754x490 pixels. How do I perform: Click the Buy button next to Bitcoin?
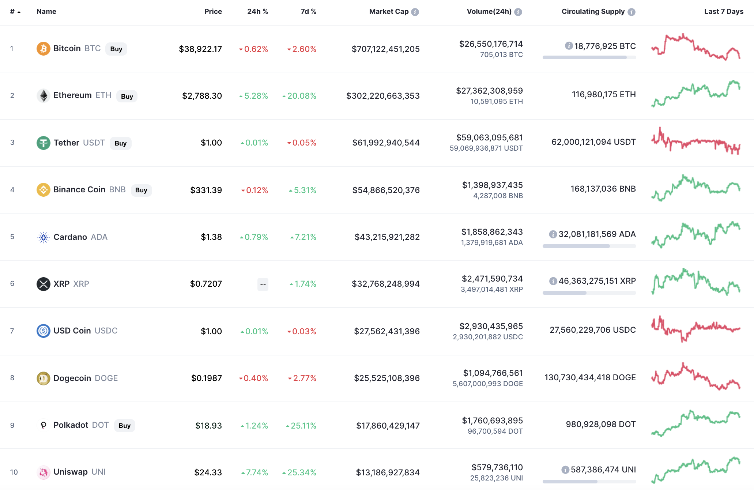point(116,49)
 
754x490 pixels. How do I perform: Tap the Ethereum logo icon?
point(44,96)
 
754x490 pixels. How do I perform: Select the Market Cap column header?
point(388,12)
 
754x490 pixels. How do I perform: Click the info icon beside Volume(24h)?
point(518,12)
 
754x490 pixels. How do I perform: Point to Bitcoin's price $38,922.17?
point(200,49)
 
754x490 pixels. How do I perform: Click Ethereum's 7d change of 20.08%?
point(301,96)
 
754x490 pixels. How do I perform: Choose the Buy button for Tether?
point(120,143)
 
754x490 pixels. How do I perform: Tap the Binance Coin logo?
point(44,190)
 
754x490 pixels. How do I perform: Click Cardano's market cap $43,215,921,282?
point(387,237)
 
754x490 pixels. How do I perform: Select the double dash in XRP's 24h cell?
point(263,284)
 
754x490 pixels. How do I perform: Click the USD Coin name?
point(72,331)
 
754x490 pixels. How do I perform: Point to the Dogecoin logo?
point(44,378)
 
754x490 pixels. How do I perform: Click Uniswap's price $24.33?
point(208,472)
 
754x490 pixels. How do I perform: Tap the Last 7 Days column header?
point(723,12)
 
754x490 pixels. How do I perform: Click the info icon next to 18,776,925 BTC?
point(569,46)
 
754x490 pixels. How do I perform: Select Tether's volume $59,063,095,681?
point(489,137)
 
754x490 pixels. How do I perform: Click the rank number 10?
point(14,472)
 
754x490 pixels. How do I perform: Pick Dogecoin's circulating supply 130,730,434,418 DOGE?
point(590,377)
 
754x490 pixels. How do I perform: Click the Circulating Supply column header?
point(593,12)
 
